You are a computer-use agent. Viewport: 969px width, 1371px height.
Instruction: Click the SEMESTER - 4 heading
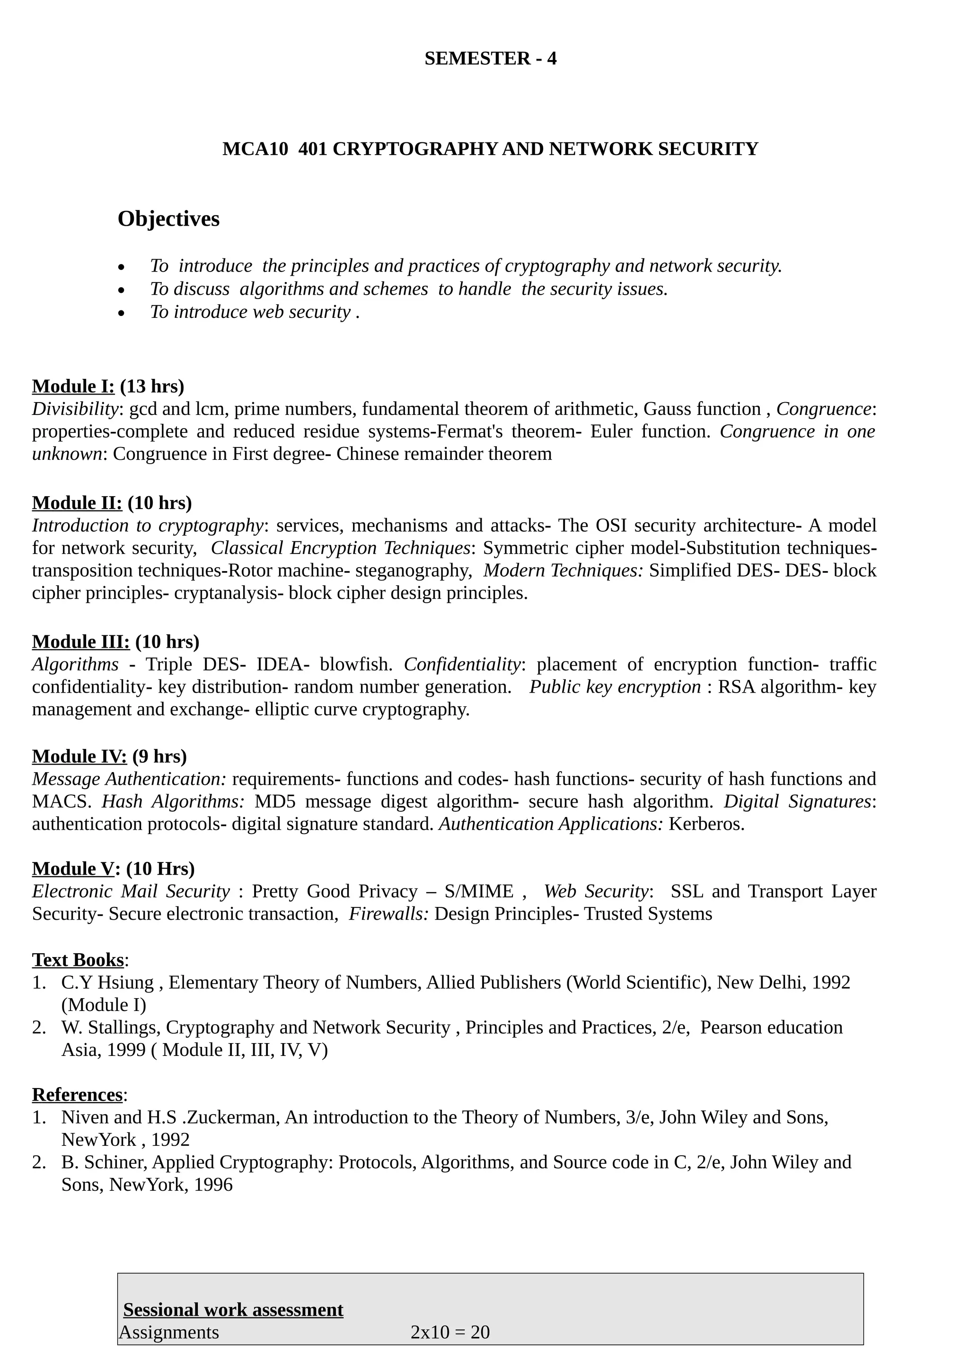click(490, 59)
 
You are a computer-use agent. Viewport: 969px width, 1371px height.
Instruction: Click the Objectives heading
click(168, 219)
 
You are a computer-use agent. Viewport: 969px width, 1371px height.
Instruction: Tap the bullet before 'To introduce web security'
click(122, 313)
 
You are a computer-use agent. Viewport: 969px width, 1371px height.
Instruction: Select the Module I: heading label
click(73, 387)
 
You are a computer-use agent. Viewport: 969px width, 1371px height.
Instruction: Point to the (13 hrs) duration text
click(152, 387)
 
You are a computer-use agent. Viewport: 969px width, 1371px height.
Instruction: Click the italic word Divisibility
click(75, 409)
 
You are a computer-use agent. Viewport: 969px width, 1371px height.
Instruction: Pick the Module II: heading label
click(77, 503)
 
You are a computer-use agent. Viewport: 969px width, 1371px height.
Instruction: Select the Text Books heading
click(78, 959)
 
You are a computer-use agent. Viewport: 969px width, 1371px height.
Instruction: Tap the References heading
click(77, 1095)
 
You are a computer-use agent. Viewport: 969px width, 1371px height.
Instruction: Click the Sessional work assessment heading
click(233, 1309)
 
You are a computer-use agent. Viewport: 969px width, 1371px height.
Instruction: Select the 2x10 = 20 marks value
click(449, 1332)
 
